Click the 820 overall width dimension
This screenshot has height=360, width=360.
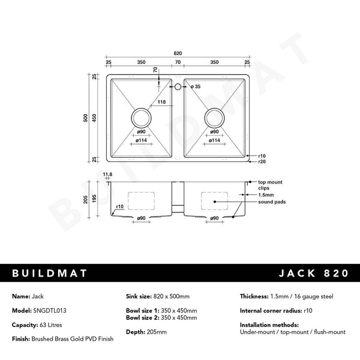(178, 53)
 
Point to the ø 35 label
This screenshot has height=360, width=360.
(196, 88)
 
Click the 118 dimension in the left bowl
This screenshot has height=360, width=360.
(161, 102)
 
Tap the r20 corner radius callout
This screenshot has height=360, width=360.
(262, 161)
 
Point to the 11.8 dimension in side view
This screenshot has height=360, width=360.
(108, 174)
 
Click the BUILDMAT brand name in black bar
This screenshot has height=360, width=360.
(50, 274)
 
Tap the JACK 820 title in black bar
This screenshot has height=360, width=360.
(313, 274)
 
